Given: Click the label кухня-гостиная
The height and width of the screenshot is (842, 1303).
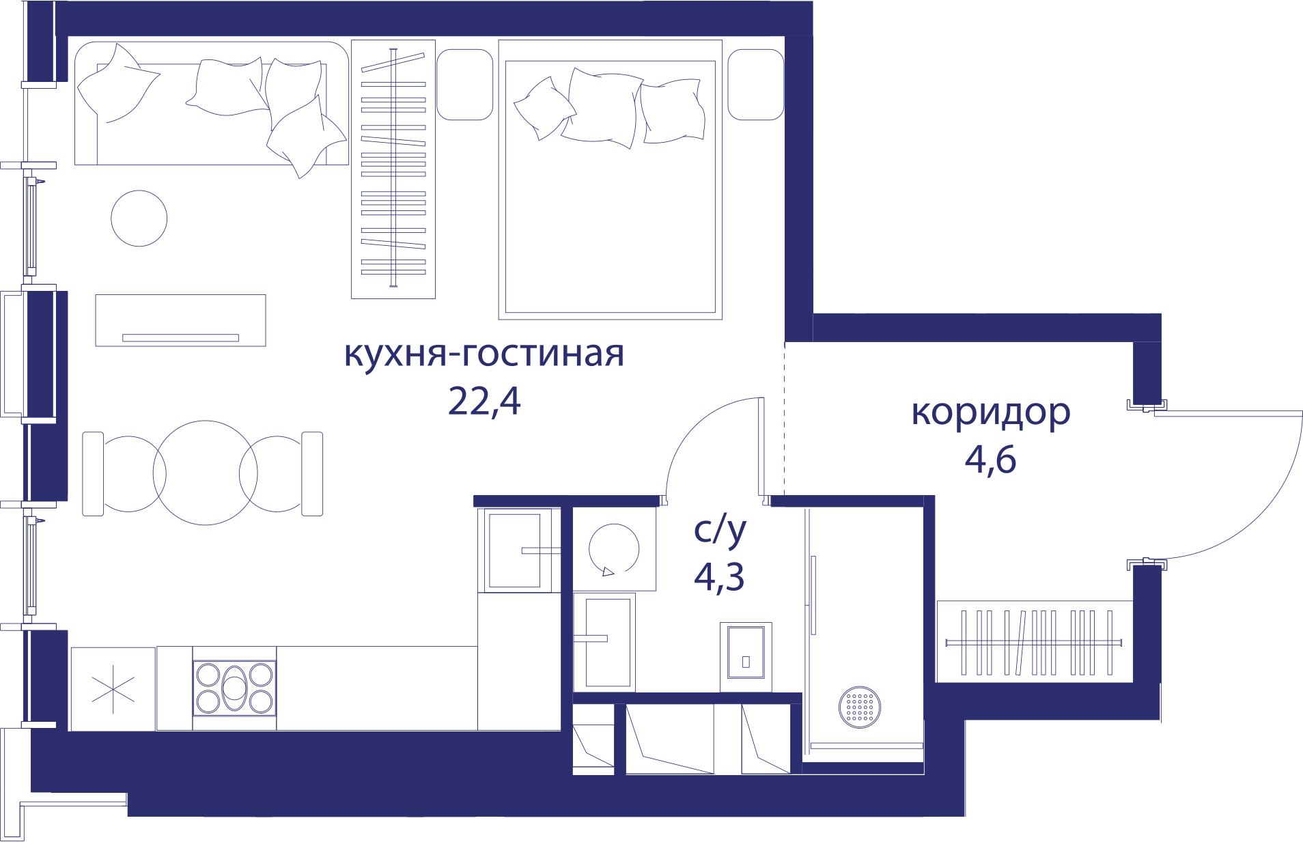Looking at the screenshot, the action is tap(484, 354).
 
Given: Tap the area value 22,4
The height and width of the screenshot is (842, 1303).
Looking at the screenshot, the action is tap(484, 402).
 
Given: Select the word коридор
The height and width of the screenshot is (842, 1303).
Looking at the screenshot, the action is tap(991, 412).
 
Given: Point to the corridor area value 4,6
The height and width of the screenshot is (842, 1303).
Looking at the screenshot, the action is tap(990, 460).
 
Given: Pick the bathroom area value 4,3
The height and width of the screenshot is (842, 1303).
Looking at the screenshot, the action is tap(719, 577).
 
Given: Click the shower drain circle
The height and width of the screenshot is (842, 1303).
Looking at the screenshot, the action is tap(860, 707).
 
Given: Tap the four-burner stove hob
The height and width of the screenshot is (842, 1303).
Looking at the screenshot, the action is tap(234, 688).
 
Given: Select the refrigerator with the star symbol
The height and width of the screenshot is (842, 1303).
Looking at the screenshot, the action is tap(113, 689).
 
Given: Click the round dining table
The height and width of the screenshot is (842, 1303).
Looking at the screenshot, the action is tap(205, 473).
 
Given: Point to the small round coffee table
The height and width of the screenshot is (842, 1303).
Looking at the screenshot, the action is tap(139, 219).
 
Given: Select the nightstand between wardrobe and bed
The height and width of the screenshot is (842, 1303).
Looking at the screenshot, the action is tap(464, 85).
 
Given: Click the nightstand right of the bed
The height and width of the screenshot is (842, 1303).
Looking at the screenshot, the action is tap(755, 85).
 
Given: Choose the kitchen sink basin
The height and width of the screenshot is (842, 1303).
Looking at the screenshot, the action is tap(515, 550).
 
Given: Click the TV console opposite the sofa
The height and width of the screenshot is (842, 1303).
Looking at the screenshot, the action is tap(180, 320).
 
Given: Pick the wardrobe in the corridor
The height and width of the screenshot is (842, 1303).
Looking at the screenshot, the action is tap(1035, 642).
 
